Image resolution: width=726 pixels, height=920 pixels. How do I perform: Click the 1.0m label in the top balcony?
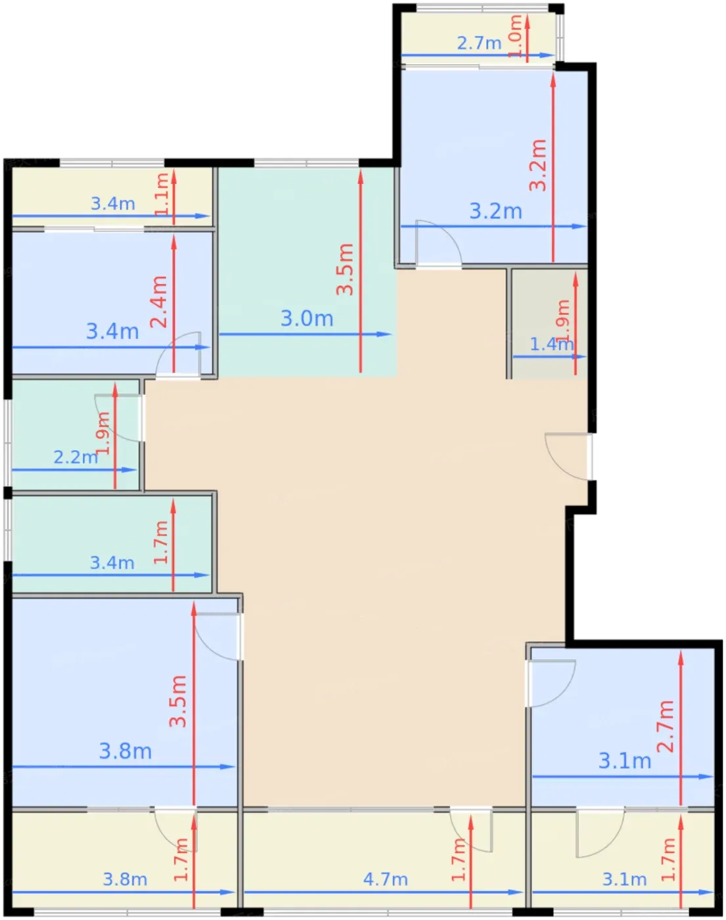[516, 36]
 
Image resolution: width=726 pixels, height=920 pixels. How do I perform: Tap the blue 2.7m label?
[479, 43]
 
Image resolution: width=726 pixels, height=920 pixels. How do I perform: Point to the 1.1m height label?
[162, 195]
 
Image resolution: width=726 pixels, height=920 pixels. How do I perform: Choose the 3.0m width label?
[307, 319]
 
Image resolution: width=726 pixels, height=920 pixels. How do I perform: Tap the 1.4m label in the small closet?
[551, 344]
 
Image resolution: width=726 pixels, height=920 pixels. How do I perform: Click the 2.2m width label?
[76, 457]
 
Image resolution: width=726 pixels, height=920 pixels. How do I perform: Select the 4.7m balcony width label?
[385, 880]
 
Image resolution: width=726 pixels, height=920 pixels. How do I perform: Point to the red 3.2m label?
[538, 165]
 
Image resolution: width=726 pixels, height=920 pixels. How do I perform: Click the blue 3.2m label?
[496, 212]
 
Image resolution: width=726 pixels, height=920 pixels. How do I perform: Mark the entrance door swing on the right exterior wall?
[568, 457]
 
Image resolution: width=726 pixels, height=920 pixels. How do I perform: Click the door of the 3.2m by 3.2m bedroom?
[439, 244]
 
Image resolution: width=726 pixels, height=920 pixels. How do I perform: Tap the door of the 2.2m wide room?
[118, 418]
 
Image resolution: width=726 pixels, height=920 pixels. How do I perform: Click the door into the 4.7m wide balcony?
[470, 830]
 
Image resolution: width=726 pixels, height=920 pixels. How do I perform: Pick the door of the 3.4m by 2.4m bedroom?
[179, 354]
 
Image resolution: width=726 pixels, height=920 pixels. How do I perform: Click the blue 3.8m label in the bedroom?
[125, 752]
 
